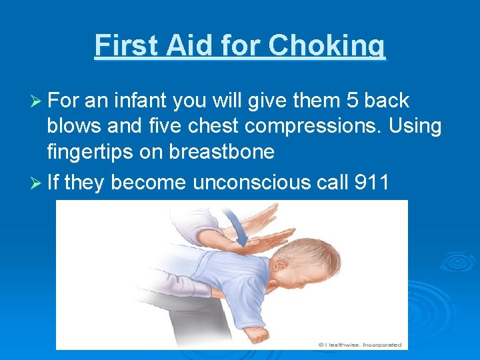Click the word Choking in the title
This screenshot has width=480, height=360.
(x=327, y=46)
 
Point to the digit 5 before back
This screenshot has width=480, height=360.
(x=353, y=101)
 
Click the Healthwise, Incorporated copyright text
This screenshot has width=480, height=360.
(x=359, y=345)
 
